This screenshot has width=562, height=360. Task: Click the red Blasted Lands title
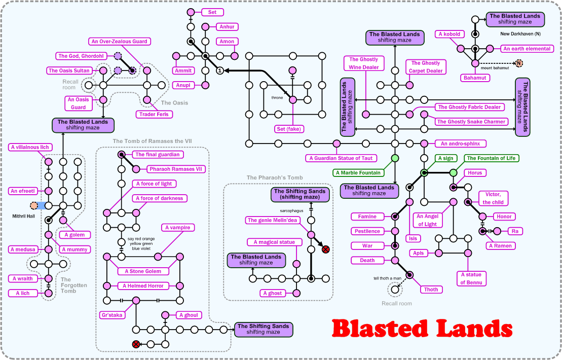422,329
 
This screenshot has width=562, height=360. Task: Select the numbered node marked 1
219,70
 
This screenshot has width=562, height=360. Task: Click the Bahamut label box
475,78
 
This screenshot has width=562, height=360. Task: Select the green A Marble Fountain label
357,173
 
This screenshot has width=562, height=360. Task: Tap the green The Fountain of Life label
491,158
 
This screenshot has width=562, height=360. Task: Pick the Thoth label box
431,290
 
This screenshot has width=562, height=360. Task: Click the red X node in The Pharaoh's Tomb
326,249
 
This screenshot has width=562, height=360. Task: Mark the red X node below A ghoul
136,344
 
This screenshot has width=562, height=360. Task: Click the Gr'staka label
112,315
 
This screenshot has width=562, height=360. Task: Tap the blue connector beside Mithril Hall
41,206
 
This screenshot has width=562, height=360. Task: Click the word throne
277,97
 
